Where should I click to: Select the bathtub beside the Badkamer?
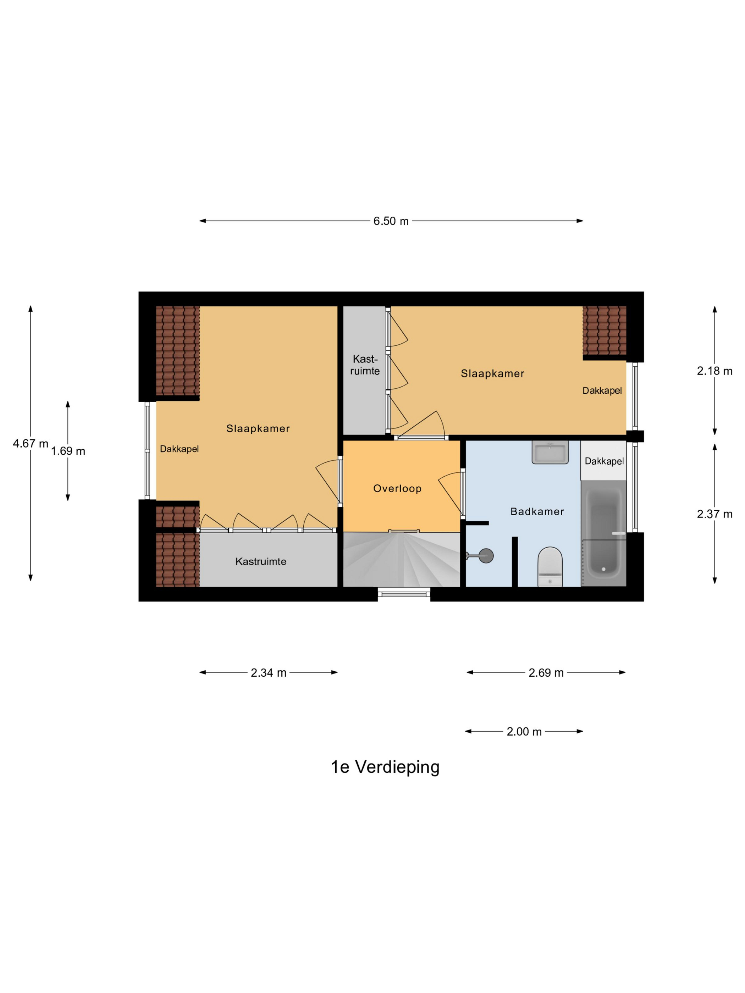pyautogui.click(x=603, y=533)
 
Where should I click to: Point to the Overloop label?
pyautogui.click(x=397, y=488)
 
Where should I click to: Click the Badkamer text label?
pyautogui.click(x=537, y=511)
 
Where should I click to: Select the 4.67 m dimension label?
pyautogui.click(x=31, y=444)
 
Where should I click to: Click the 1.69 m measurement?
pyautogui.click(x=68, y=451)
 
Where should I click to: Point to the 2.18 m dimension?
pyautogui.click(x=714, y=371)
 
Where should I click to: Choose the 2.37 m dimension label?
pyautogui.click(x=714, y=514)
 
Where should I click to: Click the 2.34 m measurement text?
pyautogui.click(x=269, y=672)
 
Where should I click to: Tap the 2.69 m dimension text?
pyautogui.click(x=546, y=672)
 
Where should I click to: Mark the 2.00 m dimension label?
pyautogui.click(x=524, y=731)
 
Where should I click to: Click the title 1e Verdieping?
pyautogui.click(x=385, y=767)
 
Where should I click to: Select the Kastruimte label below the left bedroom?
pyautogui.click(x=261, y=561)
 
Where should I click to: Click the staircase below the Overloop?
pyautogui.click(x=402, y=559)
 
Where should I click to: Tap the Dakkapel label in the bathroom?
pyautogui.click(x=604, y=461)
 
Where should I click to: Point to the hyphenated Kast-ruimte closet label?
pyautogui.click(x=365, y=365)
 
